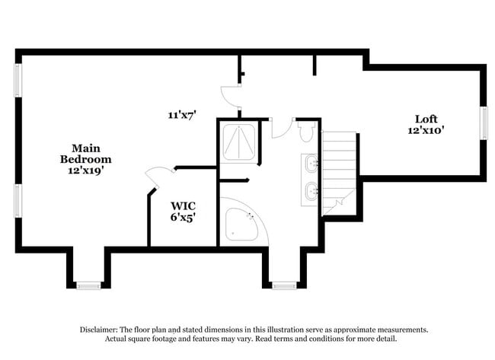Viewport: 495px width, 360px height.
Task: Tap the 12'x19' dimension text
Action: pos(85,171)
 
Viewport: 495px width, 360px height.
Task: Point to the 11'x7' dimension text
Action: pos(183,115)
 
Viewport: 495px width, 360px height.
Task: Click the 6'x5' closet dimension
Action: pos(183,218)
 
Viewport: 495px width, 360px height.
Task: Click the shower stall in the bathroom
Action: pos(238,142)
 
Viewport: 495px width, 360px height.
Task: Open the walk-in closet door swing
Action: pos(160,177)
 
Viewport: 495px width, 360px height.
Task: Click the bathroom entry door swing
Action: pos(281,128)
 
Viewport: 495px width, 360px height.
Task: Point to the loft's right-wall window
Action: pos(483,123)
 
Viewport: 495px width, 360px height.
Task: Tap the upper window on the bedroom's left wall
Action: pos(18,80)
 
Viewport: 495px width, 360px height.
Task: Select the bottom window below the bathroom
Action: pos(284,285)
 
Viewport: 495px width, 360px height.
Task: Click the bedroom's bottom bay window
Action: pos(88,285)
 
